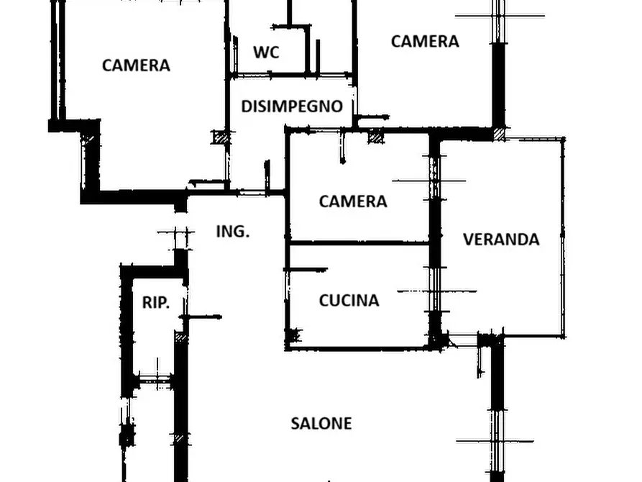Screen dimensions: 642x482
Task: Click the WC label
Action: coord(266,53)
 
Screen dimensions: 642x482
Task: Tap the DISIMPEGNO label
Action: coord(292,106)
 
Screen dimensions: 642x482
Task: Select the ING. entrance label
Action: coord(232,232)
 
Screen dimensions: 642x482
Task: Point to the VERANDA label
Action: coord(501,240)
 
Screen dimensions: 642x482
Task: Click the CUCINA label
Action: coord(349,301)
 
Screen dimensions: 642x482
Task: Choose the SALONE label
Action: coord(321,424)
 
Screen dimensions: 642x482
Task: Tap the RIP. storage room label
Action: coord(155,302)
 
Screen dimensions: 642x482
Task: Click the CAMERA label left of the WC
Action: coord(136,65)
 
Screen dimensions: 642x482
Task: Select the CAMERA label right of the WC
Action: coord(425,42)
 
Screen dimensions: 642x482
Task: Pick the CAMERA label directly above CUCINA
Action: coord(353,201)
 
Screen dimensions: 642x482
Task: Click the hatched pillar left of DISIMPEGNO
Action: coord(220,137)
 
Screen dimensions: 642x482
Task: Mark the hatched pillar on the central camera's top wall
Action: coord(376,136)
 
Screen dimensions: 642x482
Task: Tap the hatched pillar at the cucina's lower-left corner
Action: coord(295,335)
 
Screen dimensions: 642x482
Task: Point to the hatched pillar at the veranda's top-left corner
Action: coord(499,134)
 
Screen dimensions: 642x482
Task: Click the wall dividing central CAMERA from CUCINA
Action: coord(359,243)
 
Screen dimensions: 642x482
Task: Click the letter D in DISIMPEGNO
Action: coord(246,106)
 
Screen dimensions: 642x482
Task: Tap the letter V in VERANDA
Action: coord(469,240)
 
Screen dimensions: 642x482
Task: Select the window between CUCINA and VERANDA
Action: coord(435,291)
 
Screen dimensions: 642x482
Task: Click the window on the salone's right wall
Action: coord(497,442)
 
